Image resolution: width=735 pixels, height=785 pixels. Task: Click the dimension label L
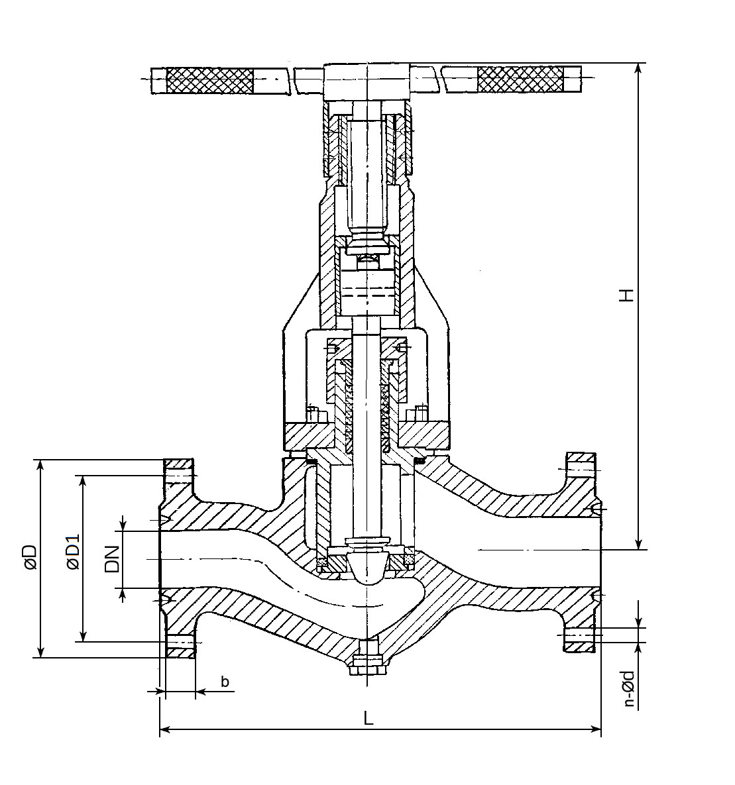point(369,717)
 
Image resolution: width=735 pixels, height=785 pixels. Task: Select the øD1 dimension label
point(72,552)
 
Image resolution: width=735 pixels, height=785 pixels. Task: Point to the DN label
point(113,559)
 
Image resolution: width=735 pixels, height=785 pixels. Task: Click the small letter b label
point(225,681)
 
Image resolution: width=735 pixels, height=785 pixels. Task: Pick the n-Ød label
point(629,689)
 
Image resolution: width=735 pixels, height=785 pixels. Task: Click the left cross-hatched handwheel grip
point(209,80)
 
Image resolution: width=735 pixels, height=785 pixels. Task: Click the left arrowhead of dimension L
point(164,729)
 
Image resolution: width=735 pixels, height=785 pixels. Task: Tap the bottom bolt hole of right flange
point(580,634)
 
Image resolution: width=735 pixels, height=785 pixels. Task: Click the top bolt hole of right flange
point(580,469)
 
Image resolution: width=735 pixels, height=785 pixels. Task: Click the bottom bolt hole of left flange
point(180,641)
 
